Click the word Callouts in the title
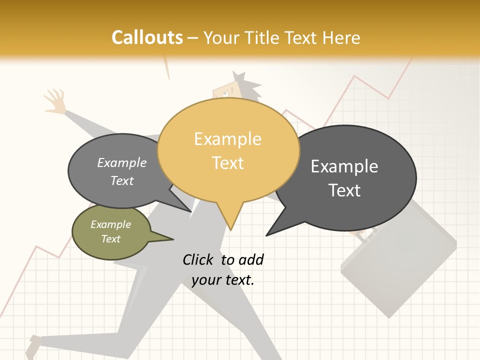tap(147, 37)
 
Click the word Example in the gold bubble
tap(227, 139)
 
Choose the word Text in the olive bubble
tap(111, 239)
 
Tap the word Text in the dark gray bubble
tap(344, 190)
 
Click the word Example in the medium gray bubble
tap(122, 163)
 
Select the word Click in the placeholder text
tap(198, 259)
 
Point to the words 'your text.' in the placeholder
tap(223, 280)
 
